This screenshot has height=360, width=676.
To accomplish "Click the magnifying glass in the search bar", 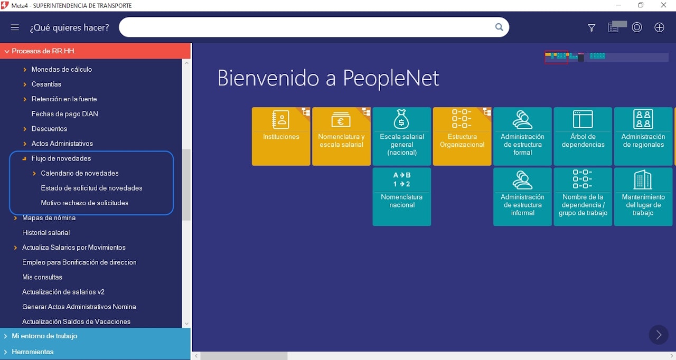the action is [499, 27].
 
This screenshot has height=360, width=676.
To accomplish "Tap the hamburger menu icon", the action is [15, 27].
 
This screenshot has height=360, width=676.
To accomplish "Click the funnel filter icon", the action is [591, 28].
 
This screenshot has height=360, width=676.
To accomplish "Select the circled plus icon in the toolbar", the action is [659, 27].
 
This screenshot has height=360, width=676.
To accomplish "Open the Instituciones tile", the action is [281, 136].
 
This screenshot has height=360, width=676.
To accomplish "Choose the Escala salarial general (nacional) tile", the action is [402, 136].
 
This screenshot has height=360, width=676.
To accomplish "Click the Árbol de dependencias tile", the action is [583, 136].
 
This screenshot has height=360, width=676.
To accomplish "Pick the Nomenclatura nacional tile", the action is [402, 196].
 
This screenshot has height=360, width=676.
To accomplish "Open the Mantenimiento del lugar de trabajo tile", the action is [643, 196].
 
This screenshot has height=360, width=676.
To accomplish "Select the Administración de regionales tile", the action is [643, 136].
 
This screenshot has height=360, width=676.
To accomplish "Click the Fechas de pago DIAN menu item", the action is [64, 113].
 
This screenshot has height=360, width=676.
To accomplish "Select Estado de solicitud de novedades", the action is [91, 188].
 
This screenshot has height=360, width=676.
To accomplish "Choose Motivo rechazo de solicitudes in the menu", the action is [84, 203].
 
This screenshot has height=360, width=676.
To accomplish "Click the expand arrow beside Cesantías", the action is [25, 84].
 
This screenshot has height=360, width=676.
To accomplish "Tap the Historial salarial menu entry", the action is [46, 232].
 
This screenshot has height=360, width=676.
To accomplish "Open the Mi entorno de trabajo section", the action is [44, 336].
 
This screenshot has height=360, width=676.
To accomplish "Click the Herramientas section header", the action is [33, 352].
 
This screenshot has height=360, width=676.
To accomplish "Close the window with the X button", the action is [663, 5].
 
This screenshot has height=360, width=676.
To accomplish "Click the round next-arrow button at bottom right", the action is [659, 335].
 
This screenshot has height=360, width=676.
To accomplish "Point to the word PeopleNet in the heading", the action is [391, 79].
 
